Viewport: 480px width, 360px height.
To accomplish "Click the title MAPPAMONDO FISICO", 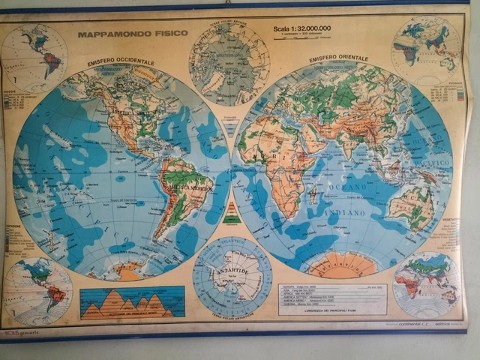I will click(x=121, y=34).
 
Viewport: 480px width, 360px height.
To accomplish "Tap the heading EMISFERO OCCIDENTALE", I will click(x=121, y=61).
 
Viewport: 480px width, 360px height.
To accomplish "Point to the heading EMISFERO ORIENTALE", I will click(x=338, y=58).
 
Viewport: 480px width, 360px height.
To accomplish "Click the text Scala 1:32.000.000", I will click(x=302, y=29).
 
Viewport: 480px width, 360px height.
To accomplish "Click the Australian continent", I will click(x=410, y=204).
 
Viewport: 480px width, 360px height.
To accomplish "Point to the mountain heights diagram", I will click(x=132, y=302).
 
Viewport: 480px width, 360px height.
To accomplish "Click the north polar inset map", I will click(x=229, y=64).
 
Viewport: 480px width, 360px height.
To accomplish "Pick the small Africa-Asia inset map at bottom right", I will click(x=426, y=284).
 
